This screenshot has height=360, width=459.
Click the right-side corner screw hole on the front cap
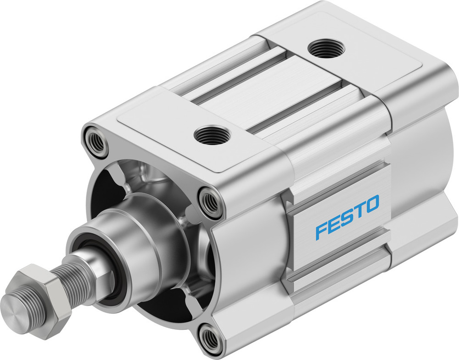click(211, 201)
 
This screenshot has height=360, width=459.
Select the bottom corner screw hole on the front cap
click(211, 338)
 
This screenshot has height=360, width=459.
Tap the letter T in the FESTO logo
click(359, 210)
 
